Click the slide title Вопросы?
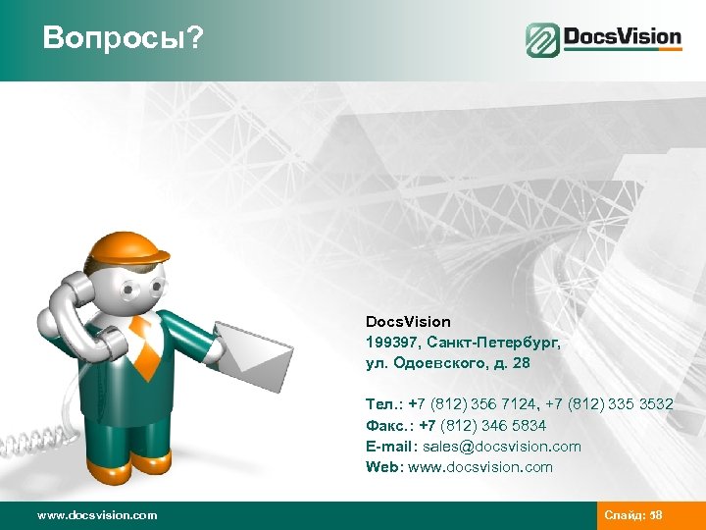click(x=123, y=38)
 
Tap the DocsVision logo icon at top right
click(x=542, y=40)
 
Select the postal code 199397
click(x=388, y=343)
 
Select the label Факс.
click(x=385, y=426)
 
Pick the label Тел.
click(x=381, y=405)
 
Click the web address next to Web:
click(x=481, y=467)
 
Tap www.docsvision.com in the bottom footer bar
click(x=96, y=515)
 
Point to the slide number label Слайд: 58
click(x=633, y=515)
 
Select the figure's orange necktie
click(x=145, y=344)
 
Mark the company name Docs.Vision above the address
click(x=408, y=322)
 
